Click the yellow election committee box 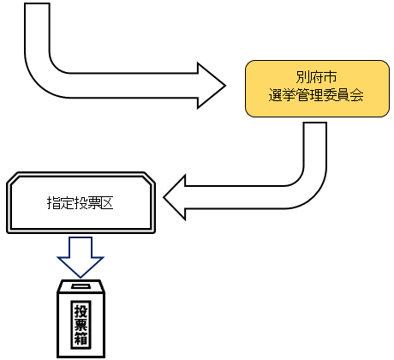point(313,88)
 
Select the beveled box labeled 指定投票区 point(81,202)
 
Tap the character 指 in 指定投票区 point(52,203)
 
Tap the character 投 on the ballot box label point(81,310)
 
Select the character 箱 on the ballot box point(81,340)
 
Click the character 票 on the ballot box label point(81,325)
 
